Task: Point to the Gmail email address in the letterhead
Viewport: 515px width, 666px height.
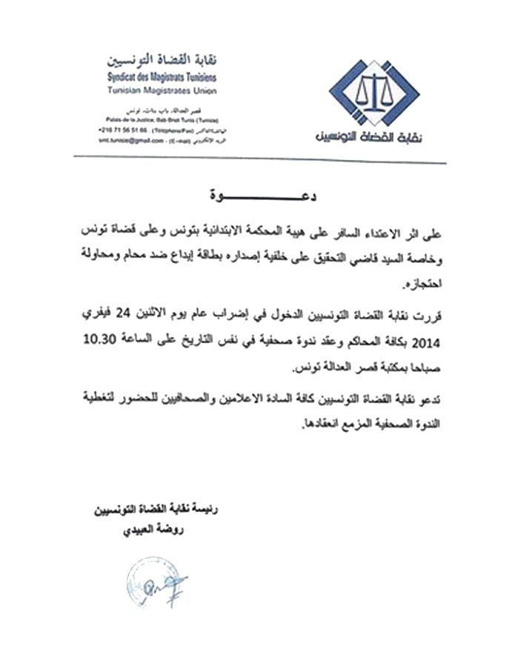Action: coord(129,139)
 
